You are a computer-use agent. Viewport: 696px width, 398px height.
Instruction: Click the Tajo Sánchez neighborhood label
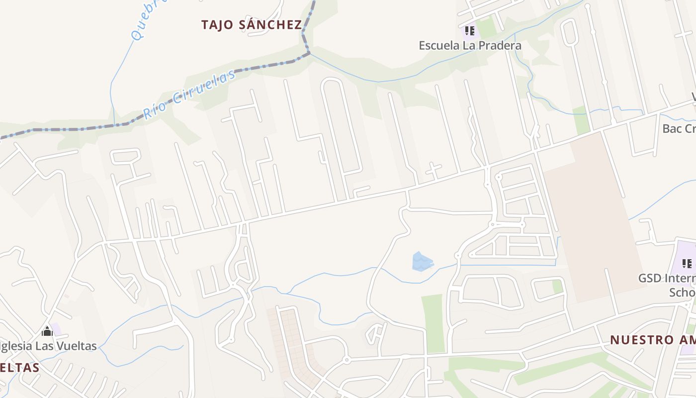pyautogui.click(x=252, y=25)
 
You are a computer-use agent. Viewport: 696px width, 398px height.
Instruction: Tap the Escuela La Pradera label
pyautogui.click(x=470, y=46)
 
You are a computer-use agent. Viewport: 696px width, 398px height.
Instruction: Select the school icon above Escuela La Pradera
pyautogui.click(x=470, y=31)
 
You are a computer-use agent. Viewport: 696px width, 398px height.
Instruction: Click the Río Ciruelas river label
pyautogui.click(x=189, y=95)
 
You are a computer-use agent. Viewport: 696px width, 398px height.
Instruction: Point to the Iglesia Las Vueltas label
pyautogui.click(x=48, y=346)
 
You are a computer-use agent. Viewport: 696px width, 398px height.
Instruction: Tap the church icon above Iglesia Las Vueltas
pyautogui.click(x=47, y=331)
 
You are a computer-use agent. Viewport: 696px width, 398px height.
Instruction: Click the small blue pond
pyautogui.click(x=422, y=262)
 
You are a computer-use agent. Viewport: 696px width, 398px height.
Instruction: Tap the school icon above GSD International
pyautogui.click(x=687, y=263)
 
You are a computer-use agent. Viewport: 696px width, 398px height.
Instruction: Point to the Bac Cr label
pyautogui.click(x=679, y=128)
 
